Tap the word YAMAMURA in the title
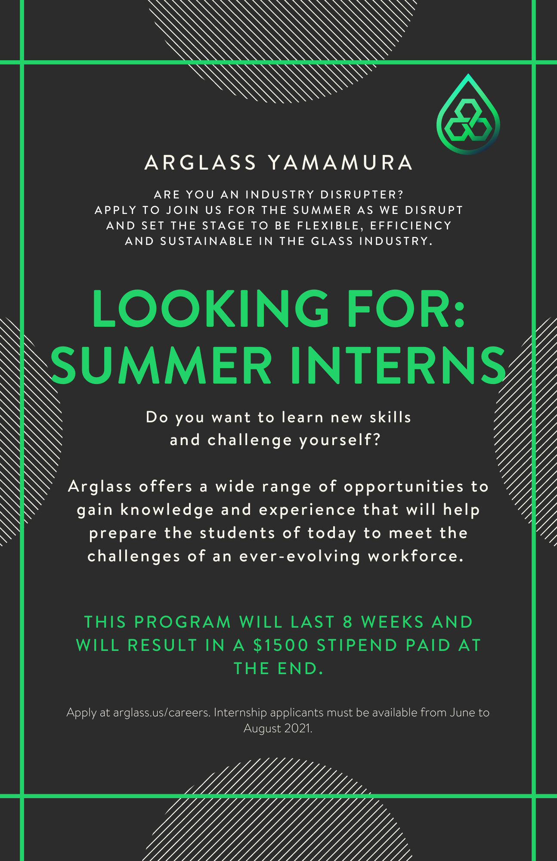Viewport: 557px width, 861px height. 340,163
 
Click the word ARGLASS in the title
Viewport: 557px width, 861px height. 201,163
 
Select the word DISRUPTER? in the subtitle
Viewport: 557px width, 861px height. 362,195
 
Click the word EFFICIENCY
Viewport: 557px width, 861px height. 411,226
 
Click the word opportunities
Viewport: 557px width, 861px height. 404,487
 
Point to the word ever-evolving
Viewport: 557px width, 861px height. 300,556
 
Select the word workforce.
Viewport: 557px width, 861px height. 416,556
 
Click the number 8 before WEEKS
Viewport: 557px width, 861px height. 348,622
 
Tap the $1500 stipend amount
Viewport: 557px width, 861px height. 281,645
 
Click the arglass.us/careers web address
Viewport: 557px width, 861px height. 162,713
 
